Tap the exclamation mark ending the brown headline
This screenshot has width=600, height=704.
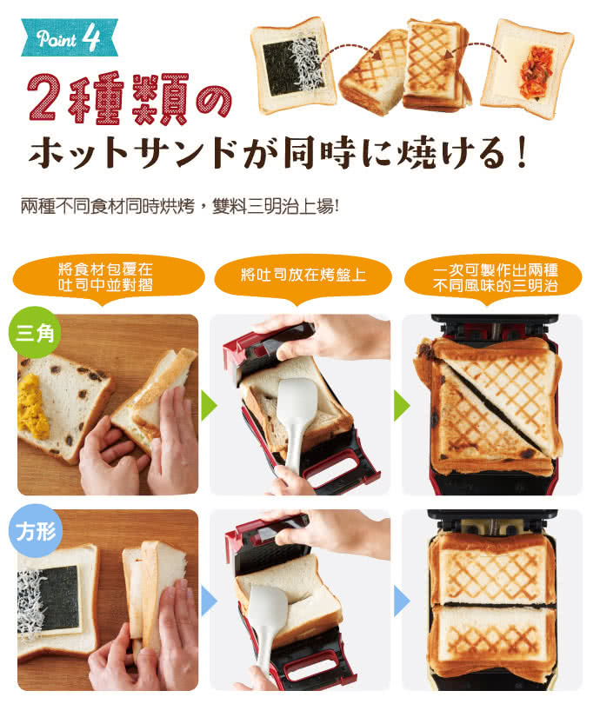click(x=522, y=155)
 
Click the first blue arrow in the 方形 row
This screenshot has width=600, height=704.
click(x=208, y=600)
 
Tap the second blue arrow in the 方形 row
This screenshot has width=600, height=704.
click(x=400, y=600)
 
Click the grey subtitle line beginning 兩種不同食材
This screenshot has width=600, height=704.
click(x=179, y=209)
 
